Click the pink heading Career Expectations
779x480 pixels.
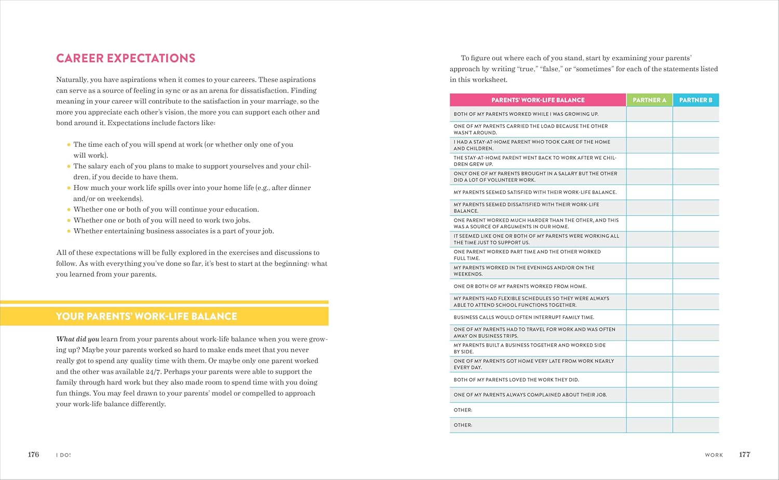(x=126, y=58)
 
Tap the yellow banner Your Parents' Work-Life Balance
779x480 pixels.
(x=146, y=316)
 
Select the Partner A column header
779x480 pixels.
(x=649, y=100)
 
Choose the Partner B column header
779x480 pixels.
(x=695, y=100)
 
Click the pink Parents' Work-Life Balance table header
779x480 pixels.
(x=538, y=100)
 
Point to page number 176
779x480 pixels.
(x=33, y=455)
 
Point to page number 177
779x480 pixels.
(x=744, y=455)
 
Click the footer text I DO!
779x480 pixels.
(x=63, y=455)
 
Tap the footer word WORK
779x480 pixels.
(x=714, y=455)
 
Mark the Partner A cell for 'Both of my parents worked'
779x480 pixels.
(x=649, y=114)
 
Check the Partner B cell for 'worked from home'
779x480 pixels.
(x=695, y=286)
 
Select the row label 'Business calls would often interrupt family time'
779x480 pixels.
(x=523, y=317)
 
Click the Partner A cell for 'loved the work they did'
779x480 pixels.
(x=649, y=379)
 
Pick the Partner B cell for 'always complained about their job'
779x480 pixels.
(x=695, y=394)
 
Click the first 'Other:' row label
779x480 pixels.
(x=463, y=410)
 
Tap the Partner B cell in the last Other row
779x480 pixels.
(x=695, y=425)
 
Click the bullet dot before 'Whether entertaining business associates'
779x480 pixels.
(x=69, y=231)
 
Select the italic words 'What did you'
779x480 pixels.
(x=77, y=339)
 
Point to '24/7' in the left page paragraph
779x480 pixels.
(x=154, y=372)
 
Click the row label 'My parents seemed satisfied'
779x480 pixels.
(x=535, y=192)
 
